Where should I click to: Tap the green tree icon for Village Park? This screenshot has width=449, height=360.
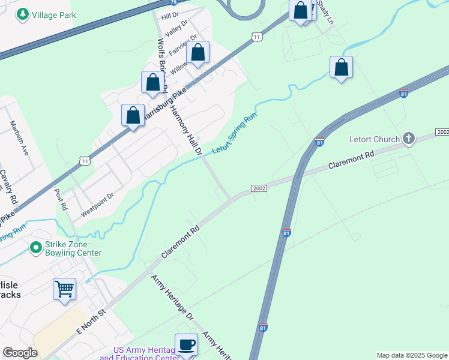click(23, 14)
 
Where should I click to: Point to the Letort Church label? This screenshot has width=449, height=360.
click(375, 139)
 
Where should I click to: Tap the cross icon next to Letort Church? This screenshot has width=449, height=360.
click(408, 139)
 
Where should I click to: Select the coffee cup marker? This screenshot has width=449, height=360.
click(186, 344)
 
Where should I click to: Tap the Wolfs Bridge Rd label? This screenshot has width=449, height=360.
click(162, 65)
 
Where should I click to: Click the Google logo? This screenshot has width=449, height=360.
click(20, 353)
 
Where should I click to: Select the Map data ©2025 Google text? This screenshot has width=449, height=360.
click(412, 355)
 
